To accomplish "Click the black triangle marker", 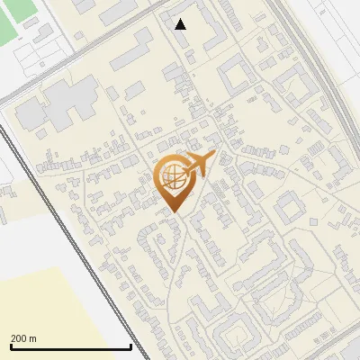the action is click(181, 24).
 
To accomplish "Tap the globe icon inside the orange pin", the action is click(173, 176).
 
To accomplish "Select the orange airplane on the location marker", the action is click(199, 165).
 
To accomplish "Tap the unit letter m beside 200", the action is click(33, 338).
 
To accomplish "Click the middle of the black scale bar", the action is click(71, 346).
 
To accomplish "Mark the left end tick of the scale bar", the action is click(11, 346).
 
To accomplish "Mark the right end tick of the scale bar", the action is click(131, 346).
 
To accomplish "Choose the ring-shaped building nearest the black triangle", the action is click(233, 71).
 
